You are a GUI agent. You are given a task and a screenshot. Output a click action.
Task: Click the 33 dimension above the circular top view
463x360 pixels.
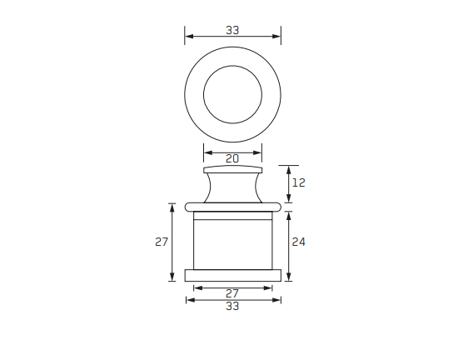[232, 30]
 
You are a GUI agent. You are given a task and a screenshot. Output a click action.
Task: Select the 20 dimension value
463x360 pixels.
[232, 157]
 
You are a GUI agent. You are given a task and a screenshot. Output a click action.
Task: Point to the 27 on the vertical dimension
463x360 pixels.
[162, 242]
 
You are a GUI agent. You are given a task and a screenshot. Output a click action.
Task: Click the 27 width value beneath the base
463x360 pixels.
[232, 293]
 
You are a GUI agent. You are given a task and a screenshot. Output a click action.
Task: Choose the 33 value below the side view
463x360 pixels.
[232, 307]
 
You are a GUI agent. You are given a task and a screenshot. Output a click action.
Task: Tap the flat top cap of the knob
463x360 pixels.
[232, 169]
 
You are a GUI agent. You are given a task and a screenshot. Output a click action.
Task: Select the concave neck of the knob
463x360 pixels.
[232, 187]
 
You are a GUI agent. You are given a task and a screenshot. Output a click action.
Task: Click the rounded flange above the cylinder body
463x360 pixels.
[232, 205]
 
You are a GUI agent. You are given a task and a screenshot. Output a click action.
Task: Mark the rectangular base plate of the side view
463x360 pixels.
[232, 275]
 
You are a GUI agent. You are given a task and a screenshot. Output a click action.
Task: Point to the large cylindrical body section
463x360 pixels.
[232, 246]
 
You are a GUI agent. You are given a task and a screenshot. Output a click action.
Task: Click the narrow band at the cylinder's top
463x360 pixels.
[232, 217]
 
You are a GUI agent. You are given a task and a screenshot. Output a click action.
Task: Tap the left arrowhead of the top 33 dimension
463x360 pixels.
[187, 37]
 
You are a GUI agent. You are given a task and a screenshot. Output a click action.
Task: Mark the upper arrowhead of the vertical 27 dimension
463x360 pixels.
[172, 205]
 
